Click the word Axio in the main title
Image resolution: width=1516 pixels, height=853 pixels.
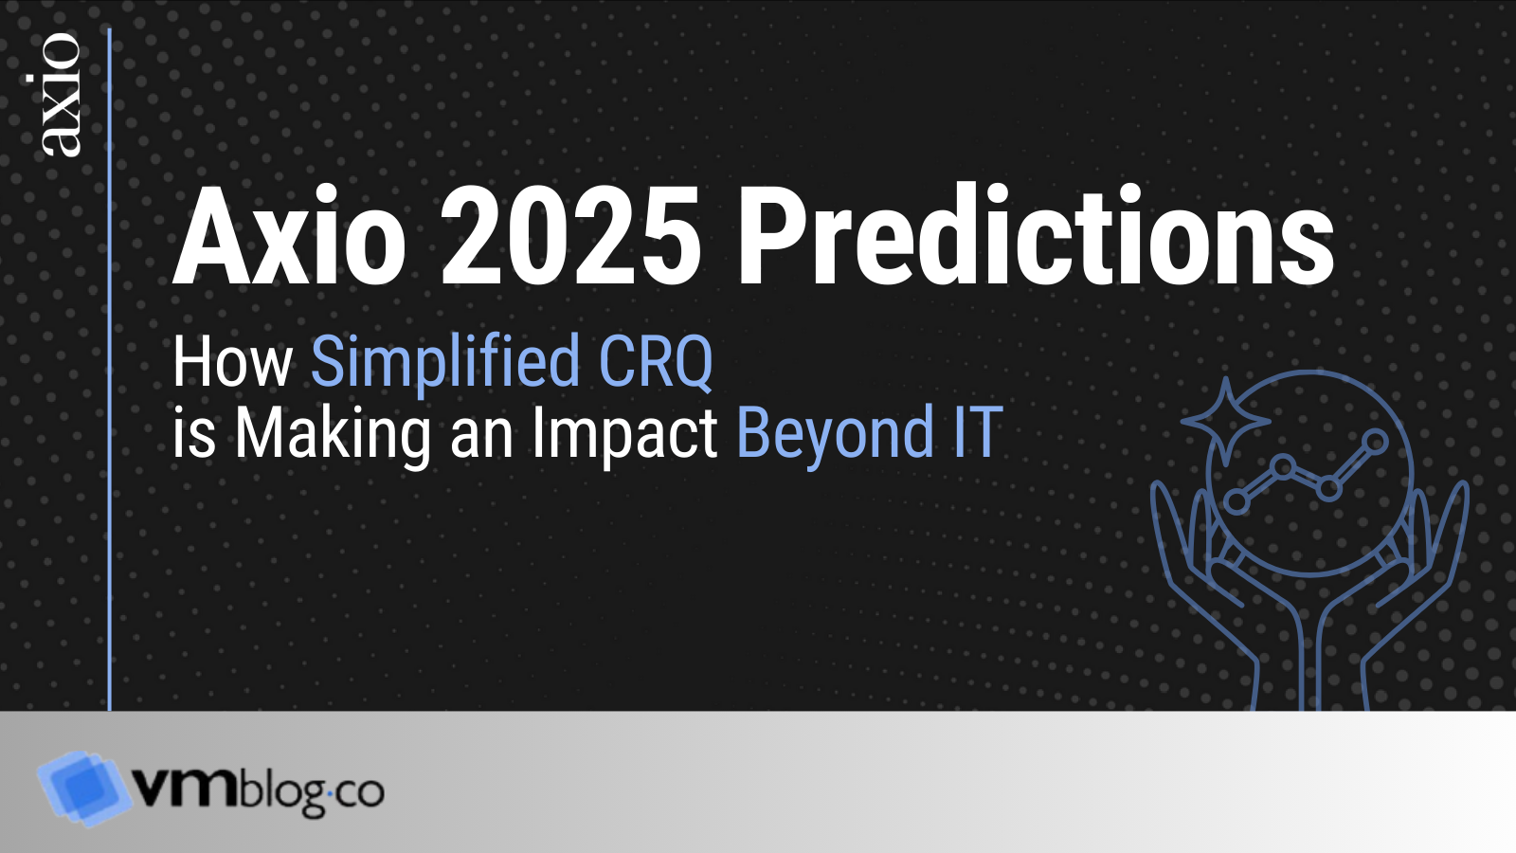point(289,237)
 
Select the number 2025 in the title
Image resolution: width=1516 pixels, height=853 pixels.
point(570,237)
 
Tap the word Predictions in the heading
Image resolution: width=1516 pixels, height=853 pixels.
point(1036,237)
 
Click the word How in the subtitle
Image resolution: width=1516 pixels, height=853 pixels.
point(232,362)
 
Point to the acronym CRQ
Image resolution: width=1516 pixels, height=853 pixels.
point(656,362)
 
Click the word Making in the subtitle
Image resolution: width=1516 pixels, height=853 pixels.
point(333,434)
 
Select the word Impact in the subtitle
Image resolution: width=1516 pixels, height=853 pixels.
point(623,434)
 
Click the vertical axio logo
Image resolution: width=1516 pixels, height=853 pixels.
point(59,95)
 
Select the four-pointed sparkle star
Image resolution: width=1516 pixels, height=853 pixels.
point(1225,420)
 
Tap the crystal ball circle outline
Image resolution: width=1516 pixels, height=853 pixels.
point(1310,374)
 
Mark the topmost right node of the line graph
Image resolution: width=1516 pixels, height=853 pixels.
point(1375,441)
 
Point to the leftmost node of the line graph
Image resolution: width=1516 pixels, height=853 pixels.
point(1236,500)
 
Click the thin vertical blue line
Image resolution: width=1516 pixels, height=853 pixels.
point(110,379)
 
